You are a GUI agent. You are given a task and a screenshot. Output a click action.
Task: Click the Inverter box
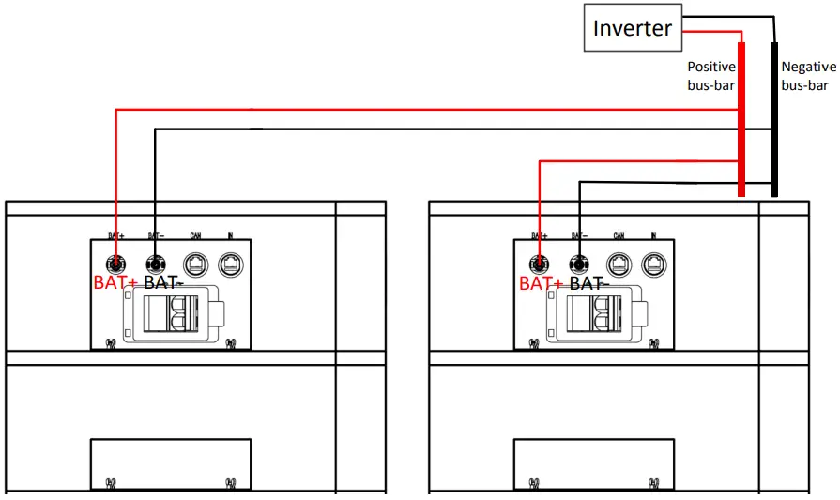(x=633, y=28)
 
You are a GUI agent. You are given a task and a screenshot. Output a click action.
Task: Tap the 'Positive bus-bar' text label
(x=711, y=76)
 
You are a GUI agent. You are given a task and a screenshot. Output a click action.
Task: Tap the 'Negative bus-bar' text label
(x=808, y=76)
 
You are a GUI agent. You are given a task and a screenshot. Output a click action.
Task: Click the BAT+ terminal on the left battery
(x=115, y=264)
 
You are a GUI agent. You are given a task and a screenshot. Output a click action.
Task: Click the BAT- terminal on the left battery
(x=155, y=264)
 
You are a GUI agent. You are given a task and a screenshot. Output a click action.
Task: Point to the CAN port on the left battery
(x=194, y=264)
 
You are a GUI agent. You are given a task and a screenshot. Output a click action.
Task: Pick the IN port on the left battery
(x=230, y=264)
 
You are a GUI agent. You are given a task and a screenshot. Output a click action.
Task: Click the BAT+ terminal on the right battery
(x=539, y=264)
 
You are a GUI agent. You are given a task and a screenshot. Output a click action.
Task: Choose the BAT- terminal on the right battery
(x=578, y=264)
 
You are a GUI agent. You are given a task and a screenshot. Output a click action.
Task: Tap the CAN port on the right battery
(x=618, y=264)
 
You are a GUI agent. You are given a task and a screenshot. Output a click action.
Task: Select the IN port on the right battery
(x=653, y=264)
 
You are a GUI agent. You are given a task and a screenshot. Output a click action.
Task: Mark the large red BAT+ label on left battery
(x=116, y=283)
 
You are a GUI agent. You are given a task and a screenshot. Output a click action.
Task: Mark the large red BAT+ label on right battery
(x=541, y=283)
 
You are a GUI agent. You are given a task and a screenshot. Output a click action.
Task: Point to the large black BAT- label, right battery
(x=588, y=283)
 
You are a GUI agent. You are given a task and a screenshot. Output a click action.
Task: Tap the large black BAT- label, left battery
(x=163, y=283)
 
